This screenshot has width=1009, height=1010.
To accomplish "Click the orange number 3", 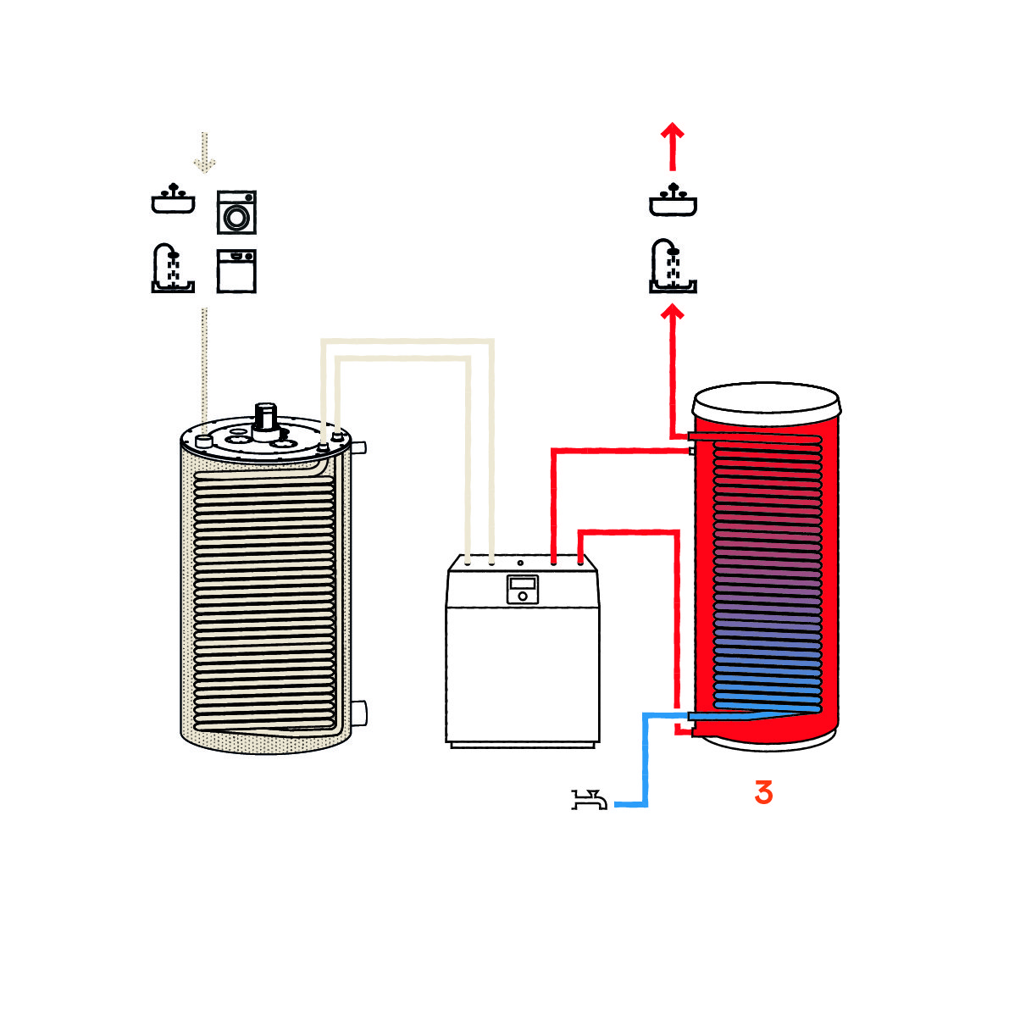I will (x=763, y=792).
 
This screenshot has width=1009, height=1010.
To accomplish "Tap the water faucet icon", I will (x=589, y=799).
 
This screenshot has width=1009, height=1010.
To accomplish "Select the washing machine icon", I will (x=236, y=212).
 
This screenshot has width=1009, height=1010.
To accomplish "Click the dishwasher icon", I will (x=236, y=270).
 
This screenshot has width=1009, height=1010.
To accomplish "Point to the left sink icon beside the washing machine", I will (x=173, y=200).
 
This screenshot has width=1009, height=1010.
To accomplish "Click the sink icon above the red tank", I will (x=673, y=200).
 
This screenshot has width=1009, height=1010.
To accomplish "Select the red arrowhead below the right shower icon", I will (x=672, y=314).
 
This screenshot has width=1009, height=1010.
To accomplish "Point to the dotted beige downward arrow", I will (x=203, y=153).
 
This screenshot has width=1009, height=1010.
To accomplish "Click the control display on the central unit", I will (x=523, y=588).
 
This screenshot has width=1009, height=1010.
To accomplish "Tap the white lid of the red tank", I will (x=766, y=397).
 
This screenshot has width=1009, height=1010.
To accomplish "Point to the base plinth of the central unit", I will (x=522, y=745).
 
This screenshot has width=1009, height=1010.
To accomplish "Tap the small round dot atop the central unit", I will (x=520, y=563).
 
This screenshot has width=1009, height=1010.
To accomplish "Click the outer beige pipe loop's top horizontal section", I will (x=407, y=341).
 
